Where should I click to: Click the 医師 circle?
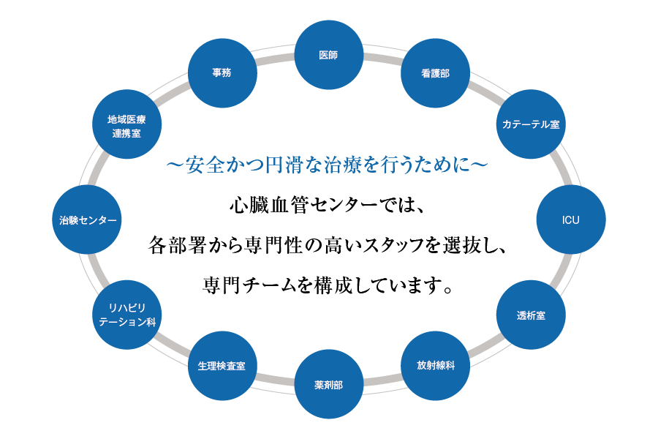tap(329, 55)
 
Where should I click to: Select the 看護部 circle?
tap(436, 74)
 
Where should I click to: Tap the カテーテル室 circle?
tap(530, 124)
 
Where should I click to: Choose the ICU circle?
tap(570, 219)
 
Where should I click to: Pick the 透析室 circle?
tap(530, 315)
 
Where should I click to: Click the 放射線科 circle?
tap(436, 365)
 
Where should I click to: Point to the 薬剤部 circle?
tap(329, 384)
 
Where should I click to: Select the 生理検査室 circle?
tap(222, 365)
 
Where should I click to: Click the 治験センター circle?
tap(88, 219)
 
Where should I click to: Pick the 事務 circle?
tap(222, 74)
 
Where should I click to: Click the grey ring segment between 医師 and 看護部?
tap(382, 58)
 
